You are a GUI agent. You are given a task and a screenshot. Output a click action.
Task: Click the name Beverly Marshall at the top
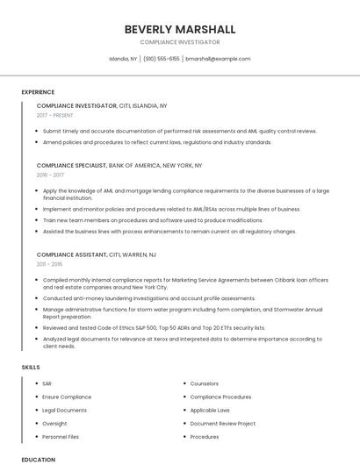[179, 29]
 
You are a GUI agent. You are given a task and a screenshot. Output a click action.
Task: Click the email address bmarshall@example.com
[218, 59]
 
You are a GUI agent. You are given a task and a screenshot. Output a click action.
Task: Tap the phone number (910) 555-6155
[162, 59]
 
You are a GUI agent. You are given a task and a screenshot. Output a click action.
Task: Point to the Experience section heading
[38, 91]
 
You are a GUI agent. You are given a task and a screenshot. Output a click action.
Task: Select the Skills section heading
[31, 367]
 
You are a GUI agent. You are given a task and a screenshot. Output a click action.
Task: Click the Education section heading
[39, 459]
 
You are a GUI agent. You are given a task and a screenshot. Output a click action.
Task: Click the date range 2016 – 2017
[51, 175]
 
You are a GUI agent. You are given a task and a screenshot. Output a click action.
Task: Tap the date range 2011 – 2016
[49, 263]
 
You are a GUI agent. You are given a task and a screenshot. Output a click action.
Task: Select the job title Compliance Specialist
[71, 165]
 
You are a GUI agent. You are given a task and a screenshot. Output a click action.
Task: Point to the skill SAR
[47, 383]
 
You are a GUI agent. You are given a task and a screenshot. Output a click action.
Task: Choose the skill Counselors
[205, 383]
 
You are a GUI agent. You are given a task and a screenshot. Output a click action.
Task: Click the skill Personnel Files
[61, 436]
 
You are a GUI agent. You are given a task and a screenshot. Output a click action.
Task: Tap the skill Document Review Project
[223, 423]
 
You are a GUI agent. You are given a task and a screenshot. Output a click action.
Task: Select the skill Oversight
[54, 423]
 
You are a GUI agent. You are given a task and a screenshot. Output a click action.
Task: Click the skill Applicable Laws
[210, 410]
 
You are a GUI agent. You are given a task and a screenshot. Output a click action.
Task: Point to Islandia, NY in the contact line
[123, 59]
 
